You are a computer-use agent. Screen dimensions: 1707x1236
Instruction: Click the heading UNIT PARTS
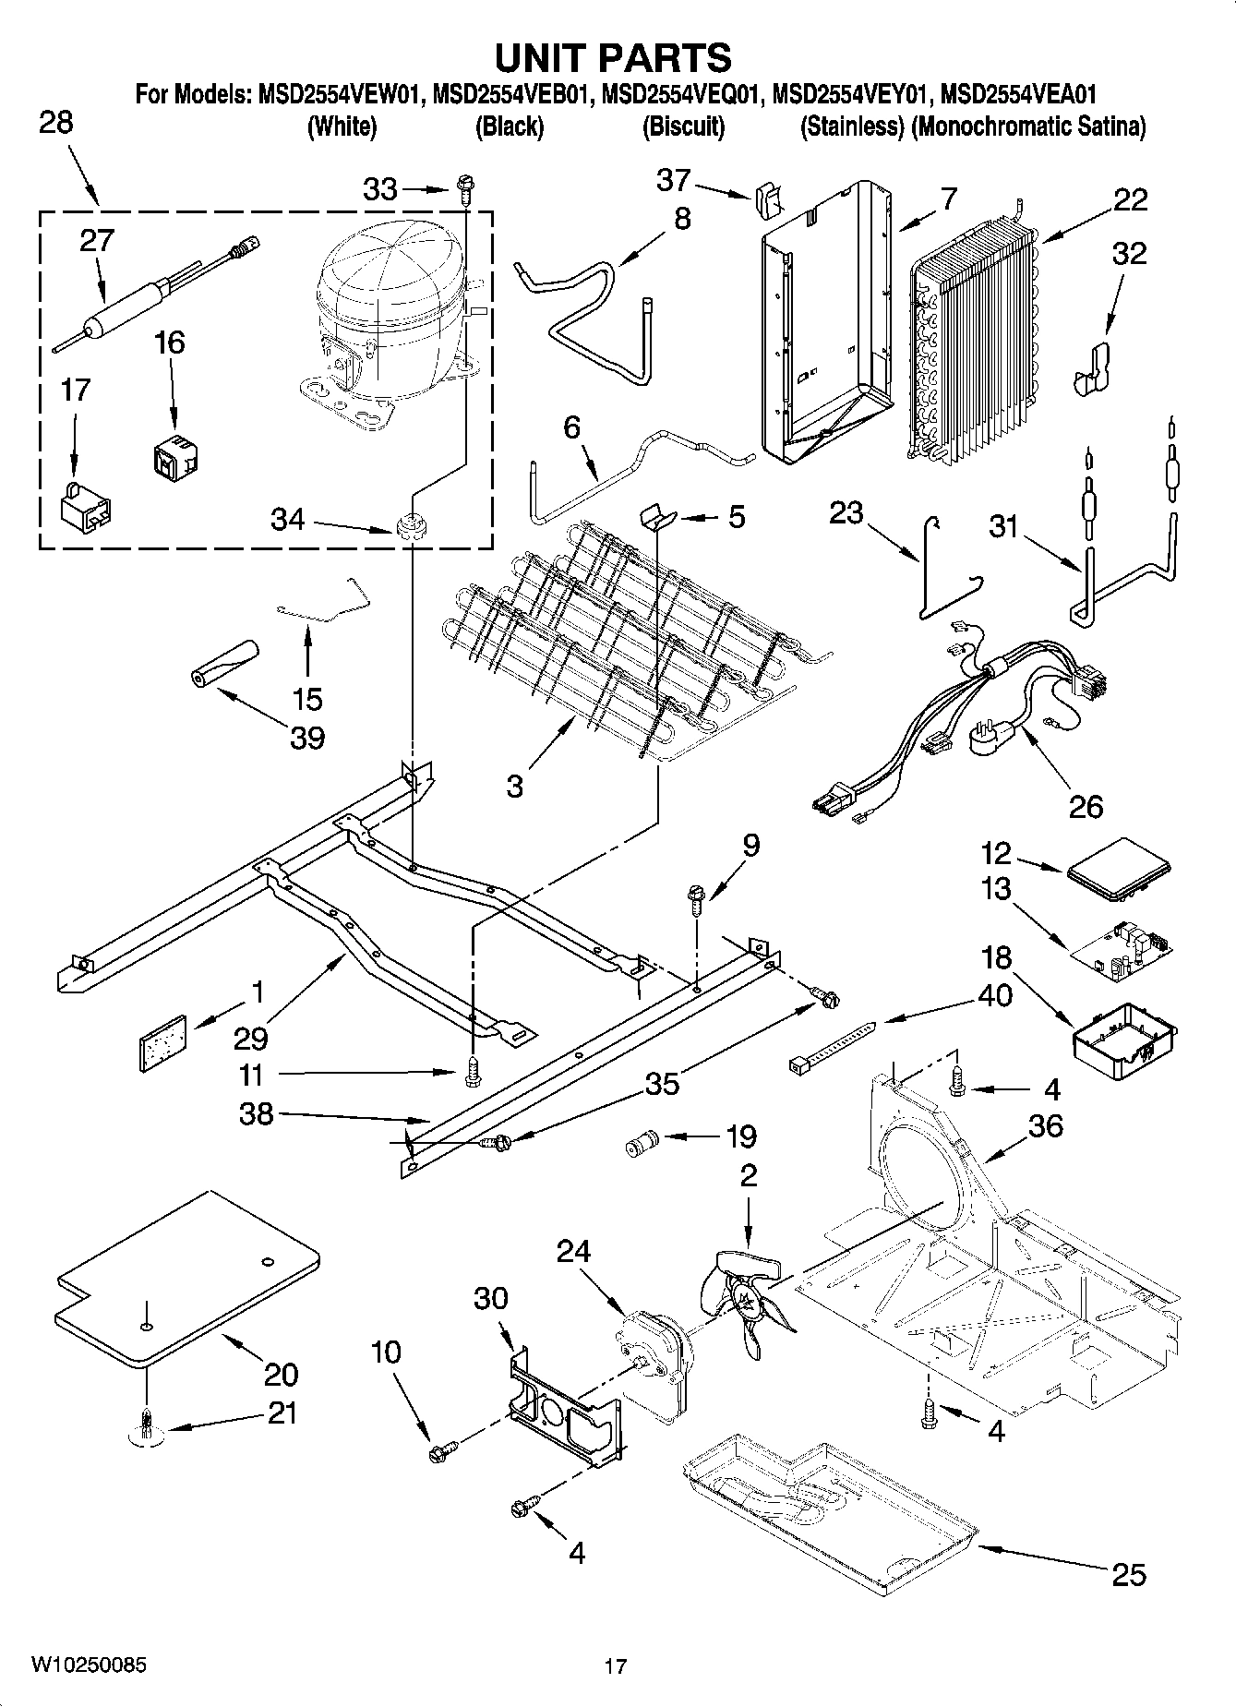click(x=614, y=57)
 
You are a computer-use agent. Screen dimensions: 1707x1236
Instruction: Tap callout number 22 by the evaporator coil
click(x=1130, y=200)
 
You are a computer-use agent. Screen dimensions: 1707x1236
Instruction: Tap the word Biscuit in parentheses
click(x=683, y=126)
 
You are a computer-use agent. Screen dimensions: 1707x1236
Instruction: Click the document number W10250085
click(x=88, y=1665)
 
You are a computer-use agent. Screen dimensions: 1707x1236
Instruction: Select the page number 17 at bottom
click(x=616, y=1666)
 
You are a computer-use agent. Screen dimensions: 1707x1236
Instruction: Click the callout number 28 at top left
click(x=56, y=123)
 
